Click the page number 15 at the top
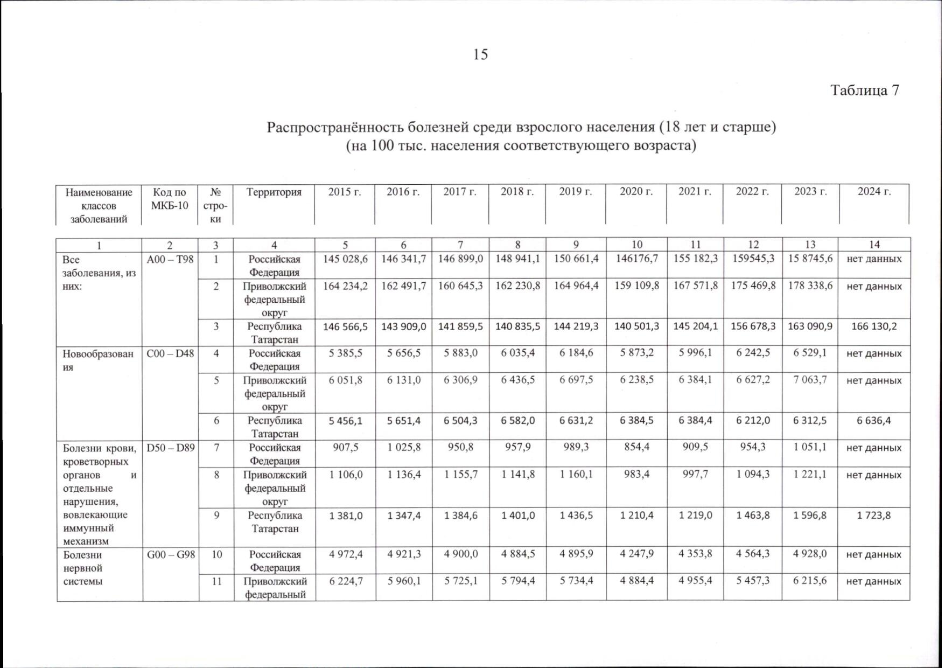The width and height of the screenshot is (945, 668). (x=480, y=54)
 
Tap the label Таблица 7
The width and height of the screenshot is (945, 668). (x=864, y=90)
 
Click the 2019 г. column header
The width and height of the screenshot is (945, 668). (x=575, y=192)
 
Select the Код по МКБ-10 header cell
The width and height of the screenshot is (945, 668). (x=170, y=199)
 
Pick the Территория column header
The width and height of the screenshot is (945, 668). (x=274, y=192)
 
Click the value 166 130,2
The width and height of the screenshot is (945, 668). (x=874, y=326)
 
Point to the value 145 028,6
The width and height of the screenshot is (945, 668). (x=345, y=259)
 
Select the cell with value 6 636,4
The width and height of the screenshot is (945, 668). (x=874, y=420)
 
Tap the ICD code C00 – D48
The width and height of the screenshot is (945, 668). (x=170, y=353)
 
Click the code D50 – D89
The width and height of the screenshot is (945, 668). (x=170, y=448)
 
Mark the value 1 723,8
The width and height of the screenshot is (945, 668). (x=874, y=515)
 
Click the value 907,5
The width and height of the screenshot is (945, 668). (x=345, y=448)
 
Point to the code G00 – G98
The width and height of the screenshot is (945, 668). (x=170, y=554)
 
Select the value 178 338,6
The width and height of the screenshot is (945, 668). (x=810, y=286)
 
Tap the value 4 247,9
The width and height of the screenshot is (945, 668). (x=636, y=554)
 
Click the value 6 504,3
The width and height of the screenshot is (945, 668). (x=460, y=420)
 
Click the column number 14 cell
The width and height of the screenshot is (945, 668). (x=874, y=245)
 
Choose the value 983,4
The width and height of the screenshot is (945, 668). (x=636, y=475)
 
